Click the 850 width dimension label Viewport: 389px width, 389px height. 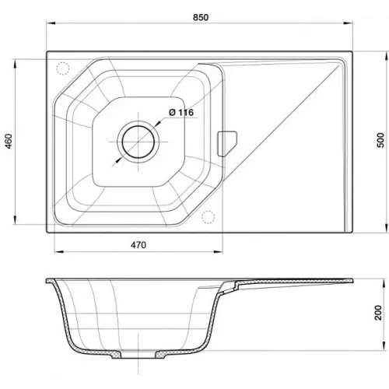[x=201, y=17]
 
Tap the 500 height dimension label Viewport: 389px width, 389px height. [x=380, y=140]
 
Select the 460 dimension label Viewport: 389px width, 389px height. [x=9, y=142]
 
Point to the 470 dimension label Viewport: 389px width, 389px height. [x=138, y=245]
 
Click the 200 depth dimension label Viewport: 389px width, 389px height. [x=378, y=313]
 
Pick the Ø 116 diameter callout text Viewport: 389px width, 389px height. [x=181, y=113]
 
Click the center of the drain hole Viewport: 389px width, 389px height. [x=138, y=142]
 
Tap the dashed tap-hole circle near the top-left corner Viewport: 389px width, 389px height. [x=63, y=68]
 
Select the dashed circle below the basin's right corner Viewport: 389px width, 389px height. [x=208, y=217]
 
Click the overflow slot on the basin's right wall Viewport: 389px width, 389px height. [x=227, y=144]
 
